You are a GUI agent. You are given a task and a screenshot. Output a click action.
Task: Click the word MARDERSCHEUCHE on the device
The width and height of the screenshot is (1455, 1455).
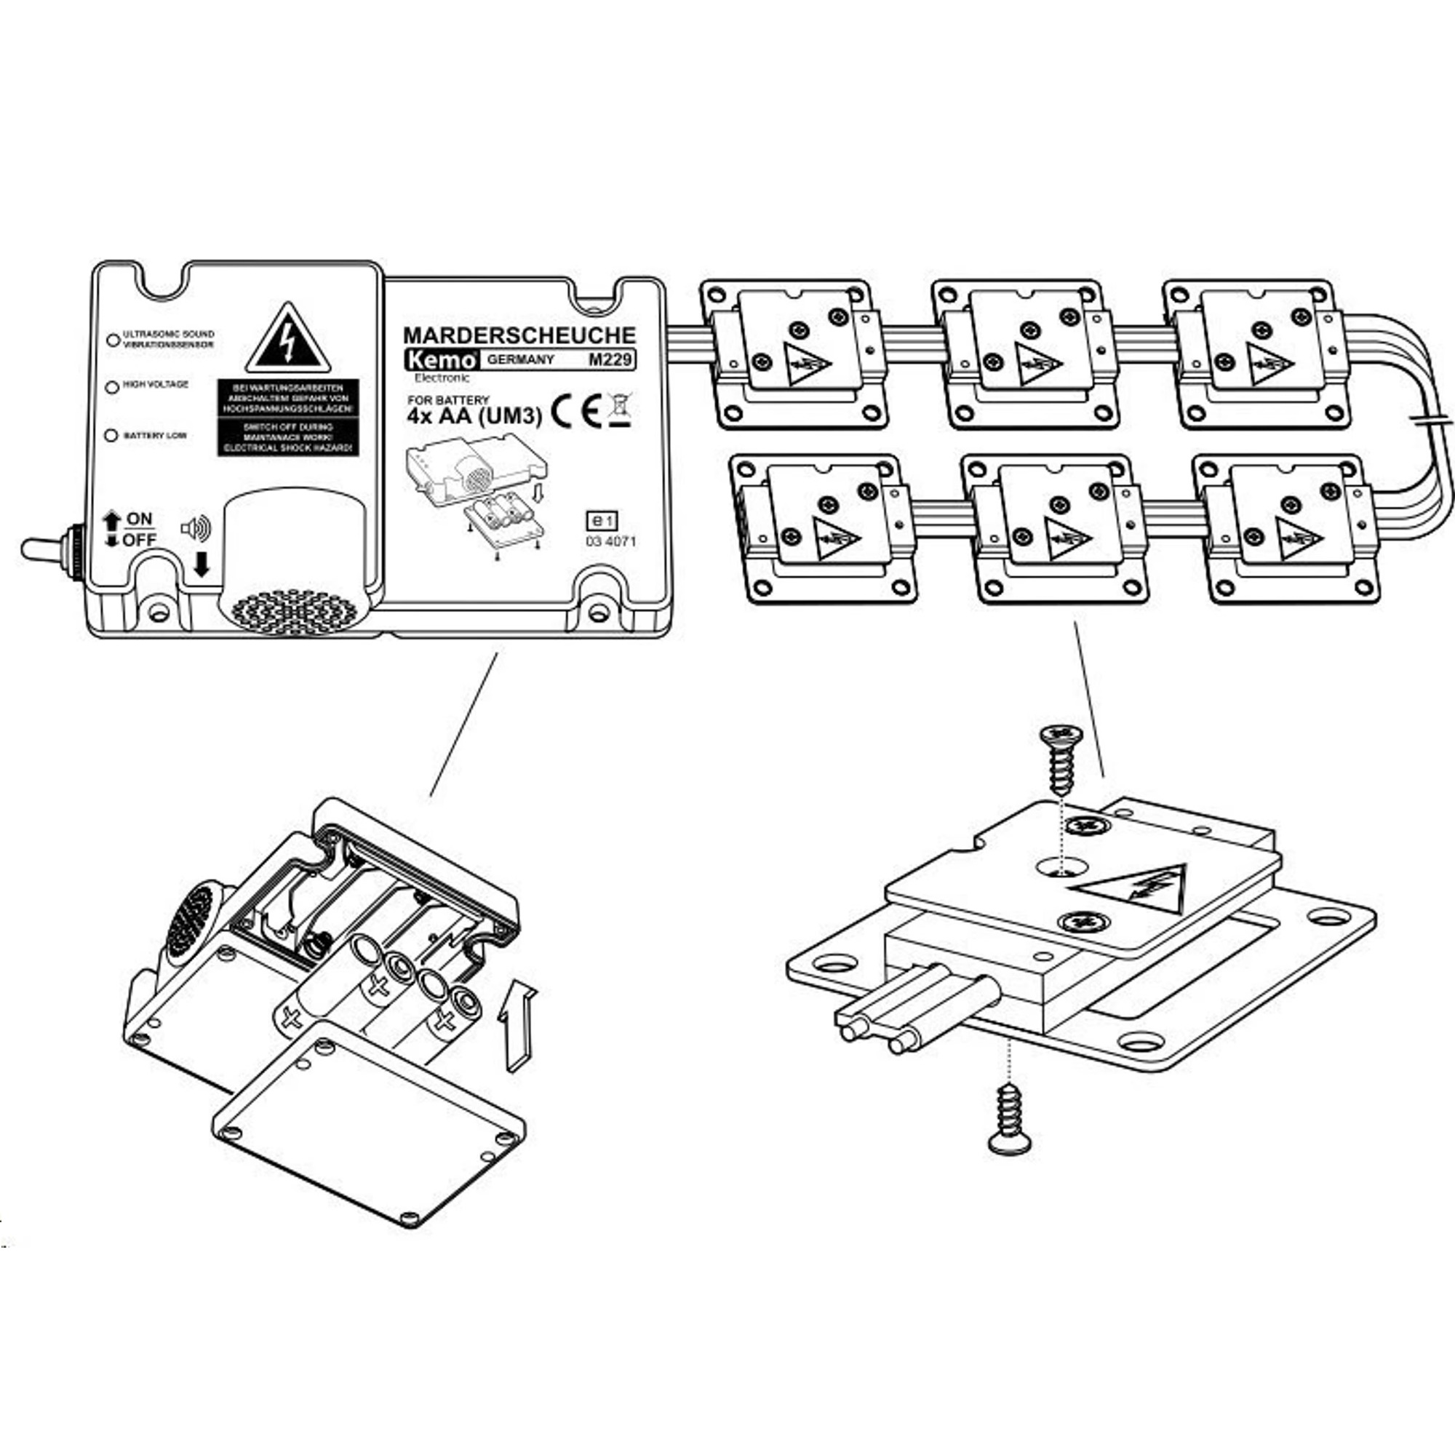point(519,335)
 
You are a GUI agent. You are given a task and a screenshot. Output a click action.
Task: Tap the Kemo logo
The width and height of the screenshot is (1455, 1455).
point(441,360)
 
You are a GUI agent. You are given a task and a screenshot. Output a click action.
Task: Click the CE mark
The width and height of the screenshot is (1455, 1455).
point(576,411)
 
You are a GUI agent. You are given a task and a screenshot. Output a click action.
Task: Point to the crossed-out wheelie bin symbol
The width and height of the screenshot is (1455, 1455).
point(619,409)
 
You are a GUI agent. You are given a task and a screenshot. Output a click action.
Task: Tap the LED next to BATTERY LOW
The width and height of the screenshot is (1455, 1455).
point(111,436)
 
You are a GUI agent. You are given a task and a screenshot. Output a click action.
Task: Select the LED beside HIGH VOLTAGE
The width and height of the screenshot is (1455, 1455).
point(112,387)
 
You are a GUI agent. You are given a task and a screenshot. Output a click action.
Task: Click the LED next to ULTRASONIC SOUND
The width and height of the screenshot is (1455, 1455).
point(113,340)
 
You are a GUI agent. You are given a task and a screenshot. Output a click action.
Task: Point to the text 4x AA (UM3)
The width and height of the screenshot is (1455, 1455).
point(474,416)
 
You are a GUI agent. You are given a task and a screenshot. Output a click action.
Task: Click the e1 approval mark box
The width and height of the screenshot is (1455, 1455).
point(602,520)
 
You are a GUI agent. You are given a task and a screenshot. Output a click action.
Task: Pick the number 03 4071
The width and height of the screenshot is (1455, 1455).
point(610,541)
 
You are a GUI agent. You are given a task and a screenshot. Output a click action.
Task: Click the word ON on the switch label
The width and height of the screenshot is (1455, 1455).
point(140,519)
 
